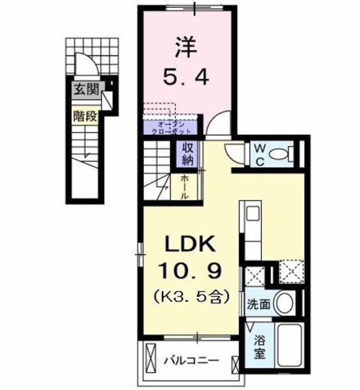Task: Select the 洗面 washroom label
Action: (257, 304)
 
